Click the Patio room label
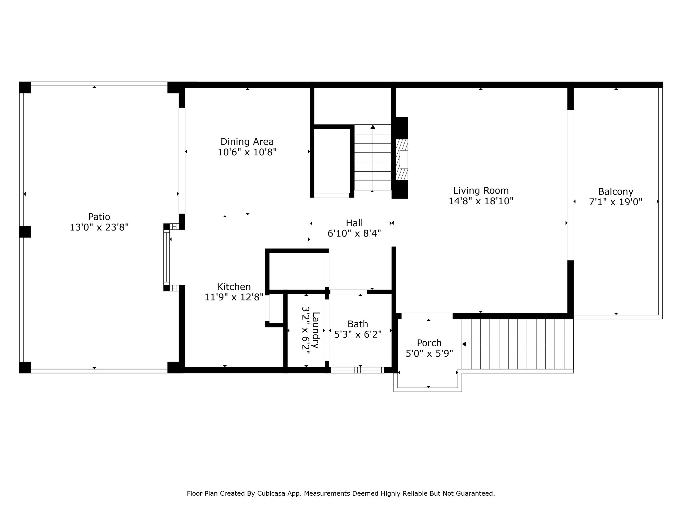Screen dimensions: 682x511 click(x=99, y=217)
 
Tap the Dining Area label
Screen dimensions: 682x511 click(x=247, y=142)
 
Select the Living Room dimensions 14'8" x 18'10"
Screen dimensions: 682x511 click(x=481, y=201)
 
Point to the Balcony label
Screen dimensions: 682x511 click(x=615, y=192)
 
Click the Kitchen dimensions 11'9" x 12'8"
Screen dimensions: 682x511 click(x=234, y=297)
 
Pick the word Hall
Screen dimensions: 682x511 click(x=354, y=223)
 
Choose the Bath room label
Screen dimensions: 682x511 click(x=358, y=324)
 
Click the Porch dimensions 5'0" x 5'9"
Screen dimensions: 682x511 click(x=429, y=353)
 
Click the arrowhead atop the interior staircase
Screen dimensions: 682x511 click(x=373, y=127)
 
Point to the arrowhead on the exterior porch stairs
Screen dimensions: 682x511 click(x=464, y=344)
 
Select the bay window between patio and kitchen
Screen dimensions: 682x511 click(x=167, y=257)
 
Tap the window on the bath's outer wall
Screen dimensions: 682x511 click(x=358, y=370)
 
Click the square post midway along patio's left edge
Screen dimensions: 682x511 click(x=25, y=232)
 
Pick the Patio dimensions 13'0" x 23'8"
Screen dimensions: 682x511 click(x=99, y=227)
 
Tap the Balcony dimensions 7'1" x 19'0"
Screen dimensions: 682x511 click(x=615, y=202)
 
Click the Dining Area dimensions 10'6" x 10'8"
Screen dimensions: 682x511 click(x=247, y=152)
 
